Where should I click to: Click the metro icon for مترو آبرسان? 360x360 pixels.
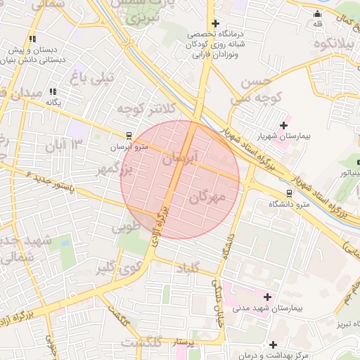pyautogui.click(x=128, y=136)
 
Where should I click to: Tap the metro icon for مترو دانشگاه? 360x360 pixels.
pyautogui.click(x=290, y=193)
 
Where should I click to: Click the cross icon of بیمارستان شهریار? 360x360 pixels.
pyautogui.click(x=283, y=126)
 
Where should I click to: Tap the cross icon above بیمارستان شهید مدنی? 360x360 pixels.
pyautogui.click(x=266, y=296)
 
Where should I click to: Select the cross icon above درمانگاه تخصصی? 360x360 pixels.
pyautogui.click(x=215, y=23)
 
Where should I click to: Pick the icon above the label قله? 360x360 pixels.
pyautogui.click(x=318, y=13)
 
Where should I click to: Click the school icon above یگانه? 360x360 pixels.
pyautogui.click(x=53, y=91)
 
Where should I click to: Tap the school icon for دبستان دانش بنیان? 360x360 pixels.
pyautogui.click(x=32, y=39)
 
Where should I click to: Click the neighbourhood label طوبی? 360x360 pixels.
pyautogui.click(x=131, y=226)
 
